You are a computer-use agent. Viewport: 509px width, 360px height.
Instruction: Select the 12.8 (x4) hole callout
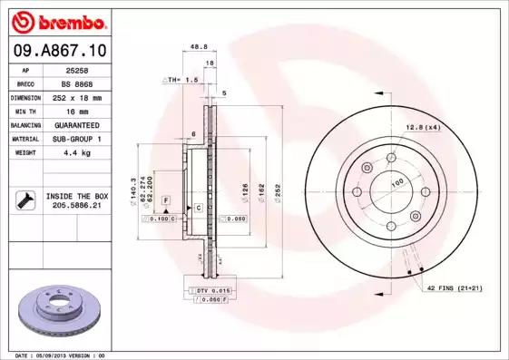point(422,127)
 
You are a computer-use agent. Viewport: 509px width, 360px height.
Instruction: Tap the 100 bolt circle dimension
point(396,183)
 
